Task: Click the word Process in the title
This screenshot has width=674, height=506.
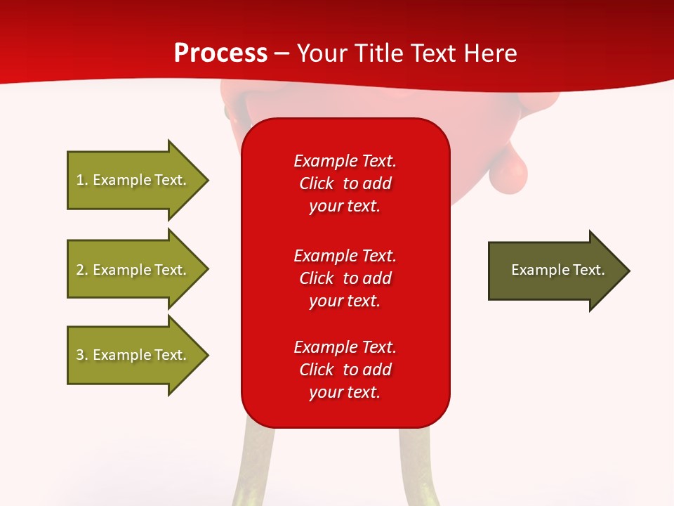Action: (x=220, y=53)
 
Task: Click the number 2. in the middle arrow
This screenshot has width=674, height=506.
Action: (x=82, y=270)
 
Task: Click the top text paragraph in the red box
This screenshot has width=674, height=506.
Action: (x=345, y=183)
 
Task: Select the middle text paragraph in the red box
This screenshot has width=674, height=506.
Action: (x=345, y=278)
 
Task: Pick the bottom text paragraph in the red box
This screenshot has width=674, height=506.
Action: (x=345, y=370)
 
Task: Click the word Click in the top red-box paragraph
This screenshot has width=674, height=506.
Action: (x=317, y=183)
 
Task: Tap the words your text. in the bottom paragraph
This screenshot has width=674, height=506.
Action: (x=345, y=392)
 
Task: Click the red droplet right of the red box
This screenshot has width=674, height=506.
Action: (x=508, y=173)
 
